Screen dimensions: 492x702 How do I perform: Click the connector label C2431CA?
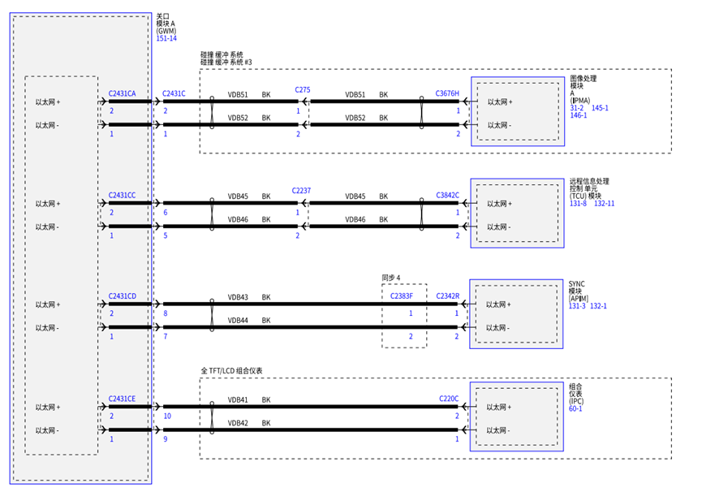122,93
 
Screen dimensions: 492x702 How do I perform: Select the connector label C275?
302,90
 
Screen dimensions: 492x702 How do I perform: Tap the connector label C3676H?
447,93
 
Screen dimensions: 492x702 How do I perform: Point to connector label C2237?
301,191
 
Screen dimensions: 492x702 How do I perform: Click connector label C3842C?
447,195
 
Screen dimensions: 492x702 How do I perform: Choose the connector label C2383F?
402,296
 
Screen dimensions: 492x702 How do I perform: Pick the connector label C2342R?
448,296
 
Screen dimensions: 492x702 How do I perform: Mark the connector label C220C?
449,399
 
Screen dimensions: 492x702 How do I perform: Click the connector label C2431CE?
122,399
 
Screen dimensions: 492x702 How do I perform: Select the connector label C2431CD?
122,296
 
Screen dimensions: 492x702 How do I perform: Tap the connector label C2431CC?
122,195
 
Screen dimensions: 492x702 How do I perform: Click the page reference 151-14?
166,38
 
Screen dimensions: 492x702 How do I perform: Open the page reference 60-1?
575,408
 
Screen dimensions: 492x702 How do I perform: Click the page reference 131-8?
578,203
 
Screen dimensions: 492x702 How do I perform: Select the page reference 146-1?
579,115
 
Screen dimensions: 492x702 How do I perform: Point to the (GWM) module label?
166,31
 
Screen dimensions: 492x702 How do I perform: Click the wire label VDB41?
238,399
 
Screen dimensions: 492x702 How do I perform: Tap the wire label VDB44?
238,321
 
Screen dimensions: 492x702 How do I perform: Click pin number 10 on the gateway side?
167,416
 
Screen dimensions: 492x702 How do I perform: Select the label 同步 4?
391,278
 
